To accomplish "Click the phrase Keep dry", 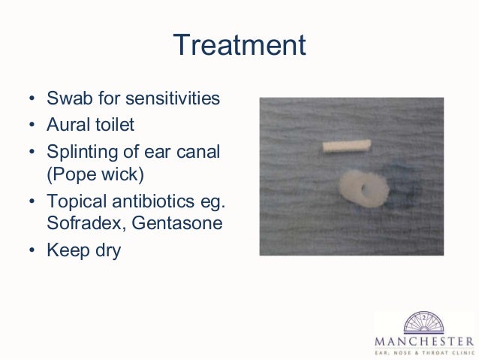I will tap(83, 251).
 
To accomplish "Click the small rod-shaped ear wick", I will tap(346, 146).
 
